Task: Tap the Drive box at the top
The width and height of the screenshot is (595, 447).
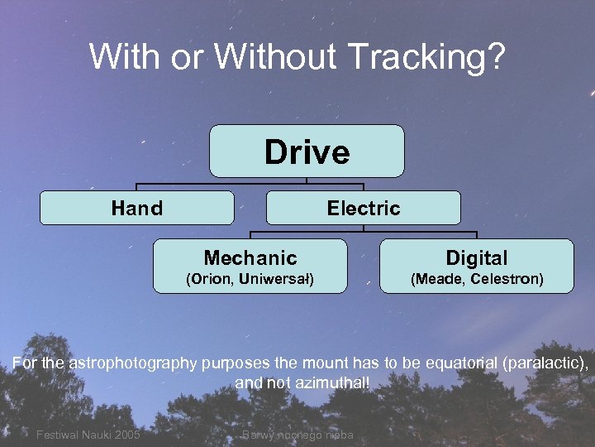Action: click(307, 151)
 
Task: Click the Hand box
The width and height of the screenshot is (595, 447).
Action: click(137, 209)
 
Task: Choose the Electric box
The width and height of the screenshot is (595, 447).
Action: click(363, 209)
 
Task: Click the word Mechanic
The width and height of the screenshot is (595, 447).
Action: click(250, 257)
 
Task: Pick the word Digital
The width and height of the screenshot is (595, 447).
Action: click(476, 257)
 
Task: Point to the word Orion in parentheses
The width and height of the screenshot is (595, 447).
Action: click(212, 279)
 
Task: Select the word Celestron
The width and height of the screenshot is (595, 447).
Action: click(506, 279)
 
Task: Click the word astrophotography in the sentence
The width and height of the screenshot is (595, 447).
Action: click(133, 363)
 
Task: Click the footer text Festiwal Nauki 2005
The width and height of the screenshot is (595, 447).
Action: click(88, 435)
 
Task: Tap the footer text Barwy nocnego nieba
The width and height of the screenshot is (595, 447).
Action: click(297, 435)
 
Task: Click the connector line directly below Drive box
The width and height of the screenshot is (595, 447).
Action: click(307, 180)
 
